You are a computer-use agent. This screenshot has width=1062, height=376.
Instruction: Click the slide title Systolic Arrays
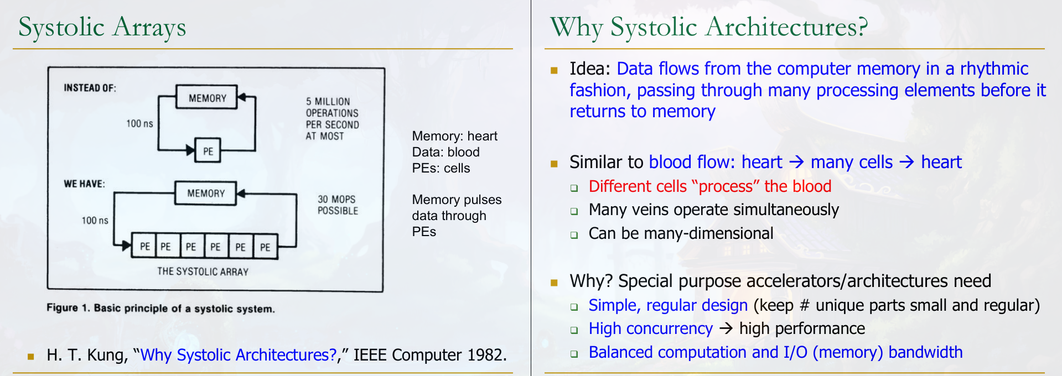pyautogui.click(x=102, y=28)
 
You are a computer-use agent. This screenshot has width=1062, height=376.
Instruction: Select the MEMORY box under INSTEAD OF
pyautogui.click(x=206, y=98)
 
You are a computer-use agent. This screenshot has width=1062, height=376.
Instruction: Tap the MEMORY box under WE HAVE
pyautogui.click(x=205, y=193)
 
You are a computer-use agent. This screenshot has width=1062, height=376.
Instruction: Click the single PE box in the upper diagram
pyautogui.click(x=208, y=150)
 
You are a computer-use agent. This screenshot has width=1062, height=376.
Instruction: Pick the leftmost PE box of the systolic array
pyautogui.click(x=144, y=246)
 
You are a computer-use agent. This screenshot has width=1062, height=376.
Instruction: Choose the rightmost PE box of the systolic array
pyautogui.click(x=266, y=247)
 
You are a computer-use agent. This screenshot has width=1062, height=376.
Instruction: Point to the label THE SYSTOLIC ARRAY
pyautogui.click(x=203, y=271)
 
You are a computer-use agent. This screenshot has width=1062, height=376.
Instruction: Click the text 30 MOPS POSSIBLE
pyautogui.click(x=338, y=205)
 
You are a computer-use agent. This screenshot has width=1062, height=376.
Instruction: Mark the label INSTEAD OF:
pyautogui.click(x=90, y=88)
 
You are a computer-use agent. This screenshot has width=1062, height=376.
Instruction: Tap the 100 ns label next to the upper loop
pyautogui.click(x=139, y=123)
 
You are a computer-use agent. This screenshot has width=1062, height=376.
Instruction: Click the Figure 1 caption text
pyautogui.click(x=160, y=308)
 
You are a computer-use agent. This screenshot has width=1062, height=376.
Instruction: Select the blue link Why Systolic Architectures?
pyautogui.click(x=239, y=354)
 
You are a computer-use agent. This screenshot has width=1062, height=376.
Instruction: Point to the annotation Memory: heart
pyautogui.click(x=455, y=136)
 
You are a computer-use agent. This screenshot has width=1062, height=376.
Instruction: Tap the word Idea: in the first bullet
pyautogui.click(x=590, y=69)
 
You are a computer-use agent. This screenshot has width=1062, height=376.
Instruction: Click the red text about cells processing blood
pyautogui.click(x=710, y=186)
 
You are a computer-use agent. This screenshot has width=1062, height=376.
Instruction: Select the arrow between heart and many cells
pyautogui.click(x=796, y=162)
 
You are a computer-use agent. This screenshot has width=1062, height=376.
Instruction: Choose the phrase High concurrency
pyautogui.click(x=651, y=328)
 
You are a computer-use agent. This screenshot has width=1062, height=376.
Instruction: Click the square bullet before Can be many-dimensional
pyautogui.click(x=574, y=235)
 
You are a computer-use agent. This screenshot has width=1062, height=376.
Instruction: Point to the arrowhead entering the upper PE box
pyautogui.click(x=191, y=150)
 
